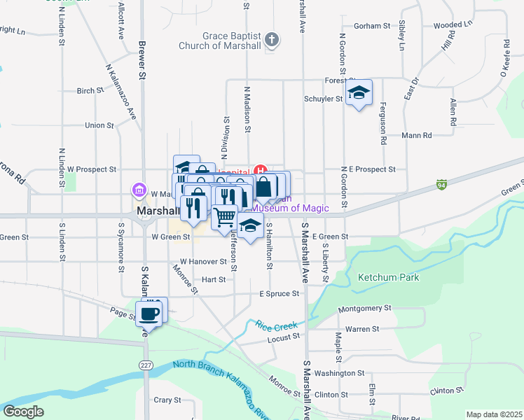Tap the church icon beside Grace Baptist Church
coord(273,41)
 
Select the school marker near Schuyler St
coord(359,93)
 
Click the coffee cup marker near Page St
coord(152,312)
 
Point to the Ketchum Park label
coord(389,278)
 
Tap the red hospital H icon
coord(261,169)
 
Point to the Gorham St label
coord(371,26)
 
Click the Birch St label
coord(90,91)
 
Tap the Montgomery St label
coord(364,309)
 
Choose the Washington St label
coord(344,374)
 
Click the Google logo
coord(24,412)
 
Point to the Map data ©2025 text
coord(494,414)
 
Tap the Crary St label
coord(168,400)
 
